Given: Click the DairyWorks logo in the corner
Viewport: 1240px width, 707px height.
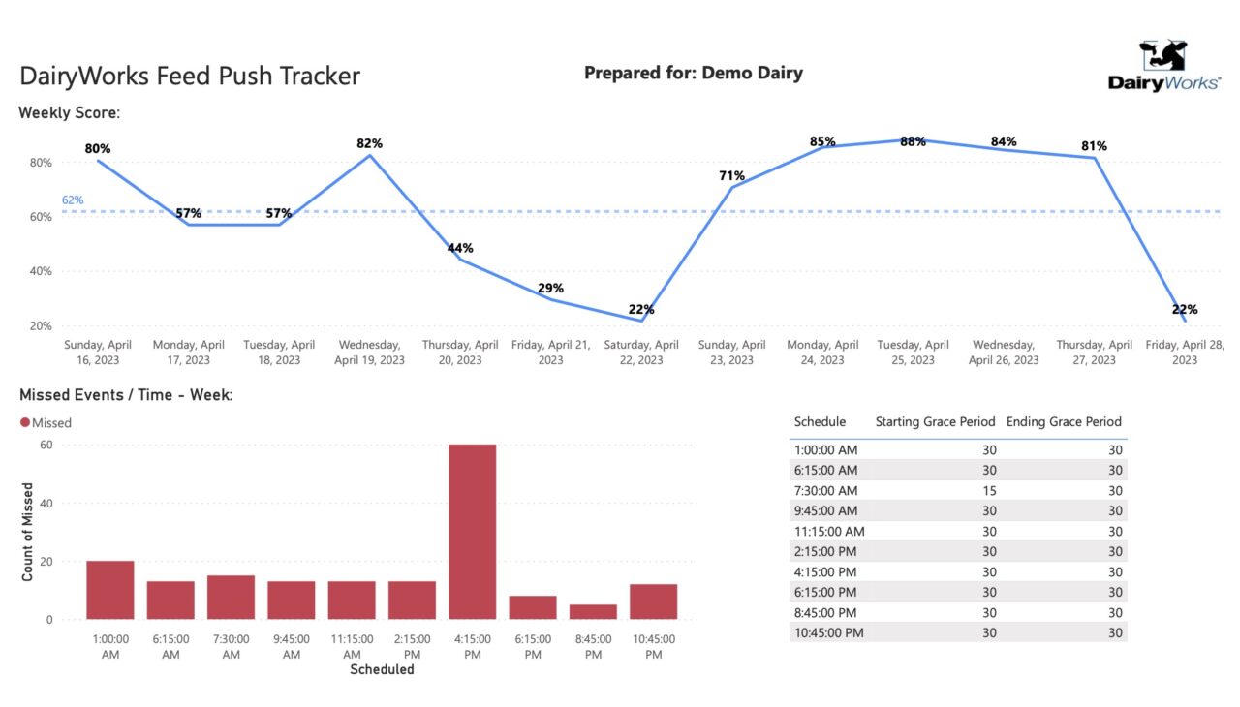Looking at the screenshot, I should (1163, 67).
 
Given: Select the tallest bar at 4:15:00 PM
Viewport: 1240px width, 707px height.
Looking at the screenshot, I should (472, 532).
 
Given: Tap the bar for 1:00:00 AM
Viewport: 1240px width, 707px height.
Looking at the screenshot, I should (110, 590).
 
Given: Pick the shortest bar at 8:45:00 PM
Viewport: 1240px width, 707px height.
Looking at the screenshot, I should (593, 612).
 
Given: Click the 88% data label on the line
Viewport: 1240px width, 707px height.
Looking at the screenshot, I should (913, 141).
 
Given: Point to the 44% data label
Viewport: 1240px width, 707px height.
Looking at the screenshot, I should (460, 248).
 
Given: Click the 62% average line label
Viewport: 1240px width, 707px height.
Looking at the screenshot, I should (73, 200).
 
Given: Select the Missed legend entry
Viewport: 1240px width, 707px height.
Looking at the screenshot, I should (46, 422).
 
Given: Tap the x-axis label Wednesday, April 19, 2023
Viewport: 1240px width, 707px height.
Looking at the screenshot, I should (369, 353).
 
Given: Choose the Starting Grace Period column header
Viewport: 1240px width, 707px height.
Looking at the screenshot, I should (935, 421).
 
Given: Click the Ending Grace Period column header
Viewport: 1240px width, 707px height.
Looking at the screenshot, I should (1064, 421).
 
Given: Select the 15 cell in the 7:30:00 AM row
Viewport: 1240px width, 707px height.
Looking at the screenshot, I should (989, 491).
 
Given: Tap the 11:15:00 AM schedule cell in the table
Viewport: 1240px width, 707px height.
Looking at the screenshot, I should (829, 531).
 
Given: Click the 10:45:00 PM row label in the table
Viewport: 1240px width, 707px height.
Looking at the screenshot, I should (828, 632).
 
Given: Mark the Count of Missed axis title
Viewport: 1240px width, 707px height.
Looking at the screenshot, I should (28, 532).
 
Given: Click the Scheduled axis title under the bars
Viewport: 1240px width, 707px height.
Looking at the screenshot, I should (382, 669).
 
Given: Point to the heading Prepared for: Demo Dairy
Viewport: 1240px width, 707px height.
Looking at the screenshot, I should (694, 73).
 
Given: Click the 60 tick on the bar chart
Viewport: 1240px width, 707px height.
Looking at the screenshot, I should (46, 445).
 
